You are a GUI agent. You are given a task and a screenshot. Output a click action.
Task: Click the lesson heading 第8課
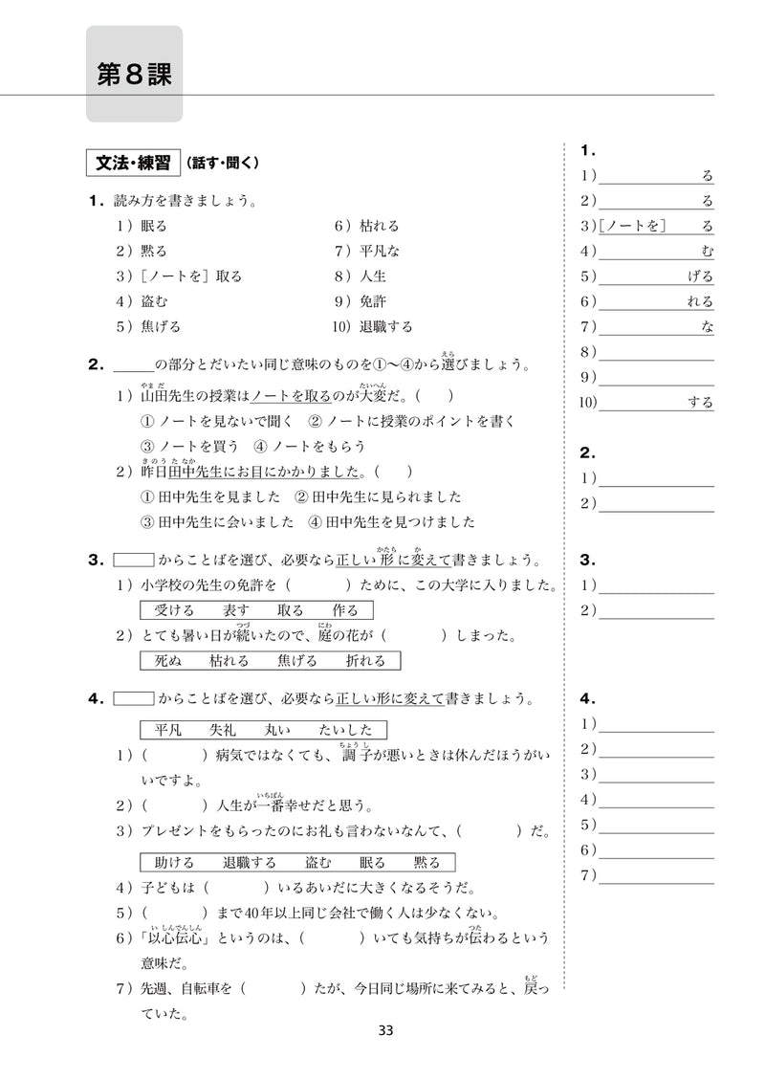pyautogui.click(x=134, y=75)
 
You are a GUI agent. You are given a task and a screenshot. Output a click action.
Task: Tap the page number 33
pyautogui.click(x=385, y=1030)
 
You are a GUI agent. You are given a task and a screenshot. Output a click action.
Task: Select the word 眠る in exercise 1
pyautogui.click(x=153, y=227)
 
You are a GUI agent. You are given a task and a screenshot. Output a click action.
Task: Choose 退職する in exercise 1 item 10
pyautogui.click(x=386, y=326)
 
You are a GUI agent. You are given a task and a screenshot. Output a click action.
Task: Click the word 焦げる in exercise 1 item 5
pyautogui.click(x=160, y=326)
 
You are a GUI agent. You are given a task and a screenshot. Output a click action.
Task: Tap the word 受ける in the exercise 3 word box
pyautogui.click(x=174, y=610)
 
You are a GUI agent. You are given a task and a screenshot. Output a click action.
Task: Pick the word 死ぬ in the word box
pyautogui.click(x=167, y=660)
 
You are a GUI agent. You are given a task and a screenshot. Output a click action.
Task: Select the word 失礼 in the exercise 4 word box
pyautogui.click(x=229, y=730)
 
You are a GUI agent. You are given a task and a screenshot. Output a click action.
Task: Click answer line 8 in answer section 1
pyautogui.click(x=658, y=352)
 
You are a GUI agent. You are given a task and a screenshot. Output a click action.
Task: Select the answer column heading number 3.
pyautogui.click(x=587, y=560)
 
